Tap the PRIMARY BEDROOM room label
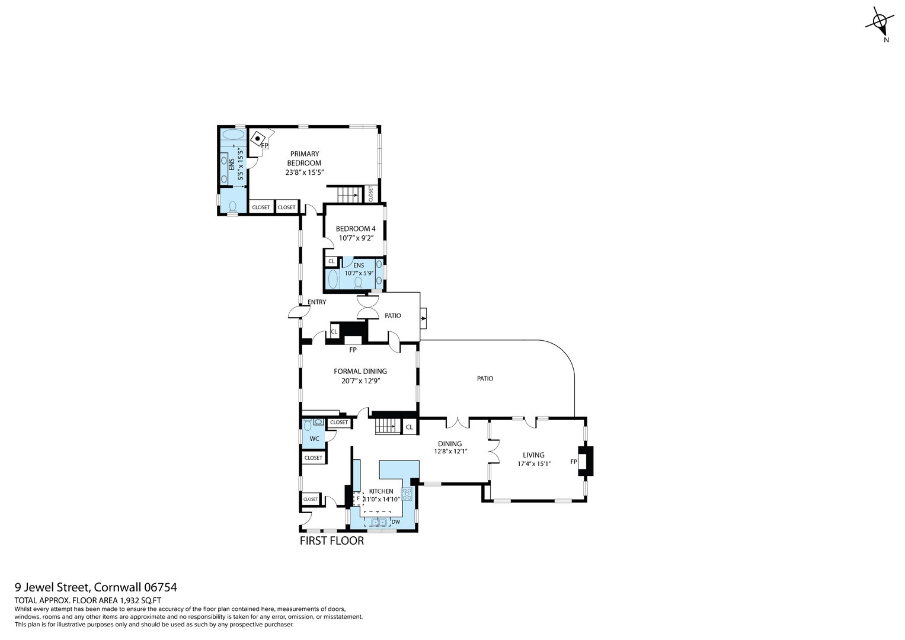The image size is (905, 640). click(304, 158)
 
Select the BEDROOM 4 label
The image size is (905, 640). click(356, 229)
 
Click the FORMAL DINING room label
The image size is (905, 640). click(360, 372)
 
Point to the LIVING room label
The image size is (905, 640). click(533, 455)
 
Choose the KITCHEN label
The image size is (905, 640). click(381, 491)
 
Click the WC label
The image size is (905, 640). click(314, 439)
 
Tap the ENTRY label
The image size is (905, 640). click(316, 302)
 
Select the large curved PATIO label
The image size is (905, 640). click(485, 378)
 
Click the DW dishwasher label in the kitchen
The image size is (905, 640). click(395, 522)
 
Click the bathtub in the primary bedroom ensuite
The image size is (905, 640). click(232, 135)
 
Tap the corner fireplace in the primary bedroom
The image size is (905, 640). click(258, 140)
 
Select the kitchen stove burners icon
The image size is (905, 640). click(407, 494)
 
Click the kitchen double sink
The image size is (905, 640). click(379, 522)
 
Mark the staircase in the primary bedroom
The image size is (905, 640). click(348, 194)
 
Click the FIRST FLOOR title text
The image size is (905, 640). click(331, 540)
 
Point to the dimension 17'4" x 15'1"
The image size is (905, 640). click(533, 464)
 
